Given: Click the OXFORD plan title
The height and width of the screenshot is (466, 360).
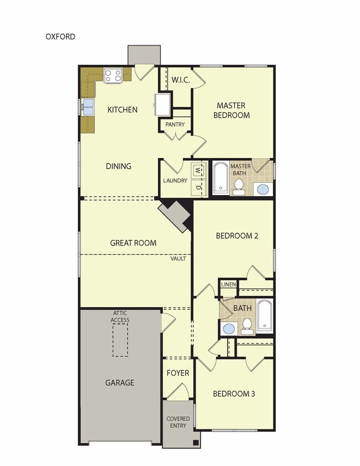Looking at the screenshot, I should (x=60, y=37).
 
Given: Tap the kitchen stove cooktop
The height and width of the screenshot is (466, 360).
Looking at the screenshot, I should (x=112, y=75).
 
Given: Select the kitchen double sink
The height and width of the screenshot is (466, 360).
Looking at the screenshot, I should (x=88, y=107).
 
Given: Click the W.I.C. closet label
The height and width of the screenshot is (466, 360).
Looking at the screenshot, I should (x=181, y=80).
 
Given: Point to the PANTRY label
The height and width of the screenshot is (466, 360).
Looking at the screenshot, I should (x=175, y=125).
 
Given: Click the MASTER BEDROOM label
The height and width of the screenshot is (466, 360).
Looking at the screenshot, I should (x=233, y=110).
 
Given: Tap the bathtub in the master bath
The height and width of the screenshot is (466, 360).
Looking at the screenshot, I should (x=220, y=178).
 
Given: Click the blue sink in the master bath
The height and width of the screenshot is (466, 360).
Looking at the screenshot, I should (x=263, y=189).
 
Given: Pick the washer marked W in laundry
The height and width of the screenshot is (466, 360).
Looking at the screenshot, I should (x=198, y=170).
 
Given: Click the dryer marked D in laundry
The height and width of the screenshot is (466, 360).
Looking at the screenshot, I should (x=198, y=187).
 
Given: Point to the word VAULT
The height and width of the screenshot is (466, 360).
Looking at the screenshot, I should (x=178, y=259).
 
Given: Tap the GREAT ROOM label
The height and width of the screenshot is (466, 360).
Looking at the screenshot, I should (x=133, y=243).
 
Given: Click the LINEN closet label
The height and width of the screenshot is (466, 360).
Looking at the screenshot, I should (x=228, y=284).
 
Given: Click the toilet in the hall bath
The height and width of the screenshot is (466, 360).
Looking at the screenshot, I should (x=247, y=326).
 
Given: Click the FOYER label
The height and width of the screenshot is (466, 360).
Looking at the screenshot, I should (x=178, y=373).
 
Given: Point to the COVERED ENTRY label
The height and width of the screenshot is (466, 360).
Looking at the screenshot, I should (x=178, y=422).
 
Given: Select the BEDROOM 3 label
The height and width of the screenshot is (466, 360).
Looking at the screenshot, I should (x=234, y=394).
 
